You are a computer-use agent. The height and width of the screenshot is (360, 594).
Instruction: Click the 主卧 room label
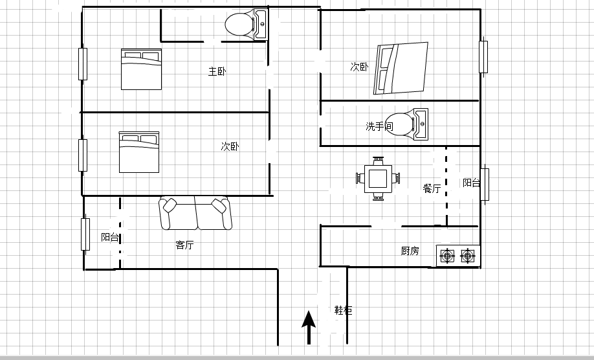point(217,71)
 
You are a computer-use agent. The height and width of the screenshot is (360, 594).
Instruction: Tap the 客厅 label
point(184,245)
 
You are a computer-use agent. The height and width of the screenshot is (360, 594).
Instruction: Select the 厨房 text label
point(410,251)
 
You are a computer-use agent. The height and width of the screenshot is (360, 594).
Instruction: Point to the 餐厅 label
point(432,188)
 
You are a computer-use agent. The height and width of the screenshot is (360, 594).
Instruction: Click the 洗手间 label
point(379,126)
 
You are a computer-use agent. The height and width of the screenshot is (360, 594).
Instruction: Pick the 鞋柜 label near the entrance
point(343,310)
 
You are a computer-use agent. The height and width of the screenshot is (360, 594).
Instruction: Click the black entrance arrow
point(309,328)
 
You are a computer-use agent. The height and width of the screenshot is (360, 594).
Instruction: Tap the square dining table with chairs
point(378,179)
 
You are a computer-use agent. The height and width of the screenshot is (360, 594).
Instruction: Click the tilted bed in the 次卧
point(401,68)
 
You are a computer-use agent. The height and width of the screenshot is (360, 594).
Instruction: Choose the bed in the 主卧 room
point(141,69)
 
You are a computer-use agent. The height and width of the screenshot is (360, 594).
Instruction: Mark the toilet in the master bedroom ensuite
point(239,25)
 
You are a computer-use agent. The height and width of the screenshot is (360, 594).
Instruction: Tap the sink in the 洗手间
point(421,124)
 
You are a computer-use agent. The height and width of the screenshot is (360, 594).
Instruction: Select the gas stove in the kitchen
point(458,256)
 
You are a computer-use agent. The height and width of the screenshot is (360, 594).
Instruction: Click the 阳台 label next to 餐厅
point(472,183)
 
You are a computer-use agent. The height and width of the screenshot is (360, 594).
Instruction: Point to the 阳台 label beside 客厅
point(110,237)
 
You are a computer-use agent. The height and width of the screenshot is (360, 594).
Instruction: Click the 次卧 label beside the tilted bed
point(359,67)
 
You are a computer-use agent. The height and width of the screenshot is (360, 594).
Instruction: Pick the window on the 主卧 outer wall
point(83,64)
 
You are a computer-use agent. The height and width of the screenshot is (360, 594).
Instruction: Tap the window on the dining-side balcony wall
point(485,185)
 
